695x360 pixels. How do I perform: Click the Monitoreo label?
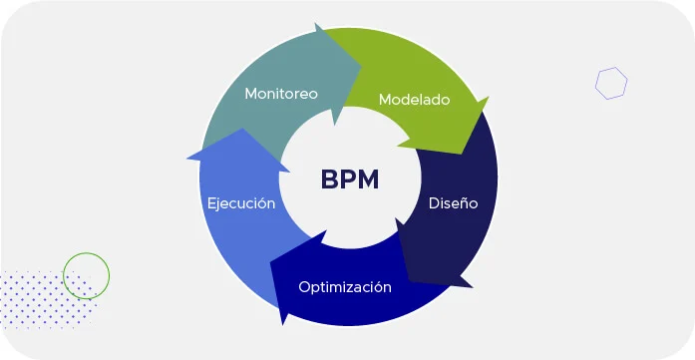point(281,94)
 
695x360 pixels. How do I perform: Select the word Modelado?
point(414,100)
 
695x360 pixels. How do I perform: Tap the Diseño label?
point(454,202)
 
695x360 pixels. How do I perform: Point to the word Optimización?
point(345,287)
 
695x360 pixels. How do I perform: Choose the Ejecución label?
point(240,202)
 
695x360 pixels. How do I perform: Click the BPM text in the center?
point(350,180)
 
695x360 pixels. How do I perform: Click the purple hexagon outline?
point(611,83)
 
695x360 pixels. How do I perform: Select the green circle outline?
point(86,274)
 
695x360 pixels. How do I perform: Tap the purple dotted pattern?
point(40,299)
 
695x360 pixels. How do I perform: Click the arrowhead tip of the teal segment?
point(361,67)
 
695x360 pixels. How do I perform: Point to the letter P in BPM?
point(350,180)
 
